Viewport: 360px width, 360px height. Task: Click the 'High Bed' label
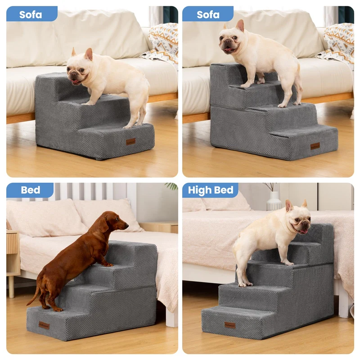point(211,190)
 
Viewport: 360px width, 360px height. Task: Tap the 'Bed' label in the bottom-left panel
point(31,190)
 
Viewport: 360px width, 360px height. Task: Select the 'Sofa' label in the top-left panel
point(31,15)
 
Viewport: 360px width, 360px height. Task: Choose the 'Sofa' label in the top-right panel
point(208,15)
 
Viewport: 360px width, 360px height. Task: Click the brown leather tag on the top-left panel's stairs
point(130,142)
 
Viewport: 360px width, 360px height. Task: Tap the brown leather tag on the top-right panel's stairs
point(315,146)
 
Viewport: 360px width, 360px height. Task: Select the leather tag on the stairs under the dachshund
point(44,325)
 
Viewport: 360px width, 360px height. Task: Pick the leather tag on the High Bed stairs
point(230,325)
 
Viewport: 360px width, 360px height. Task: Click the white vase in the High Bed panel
point(274,201)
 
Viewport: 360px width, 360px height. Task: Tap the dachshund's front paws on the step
point(108,265)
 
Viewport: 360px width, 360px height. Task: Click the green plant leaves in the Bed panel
point(172,186)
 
